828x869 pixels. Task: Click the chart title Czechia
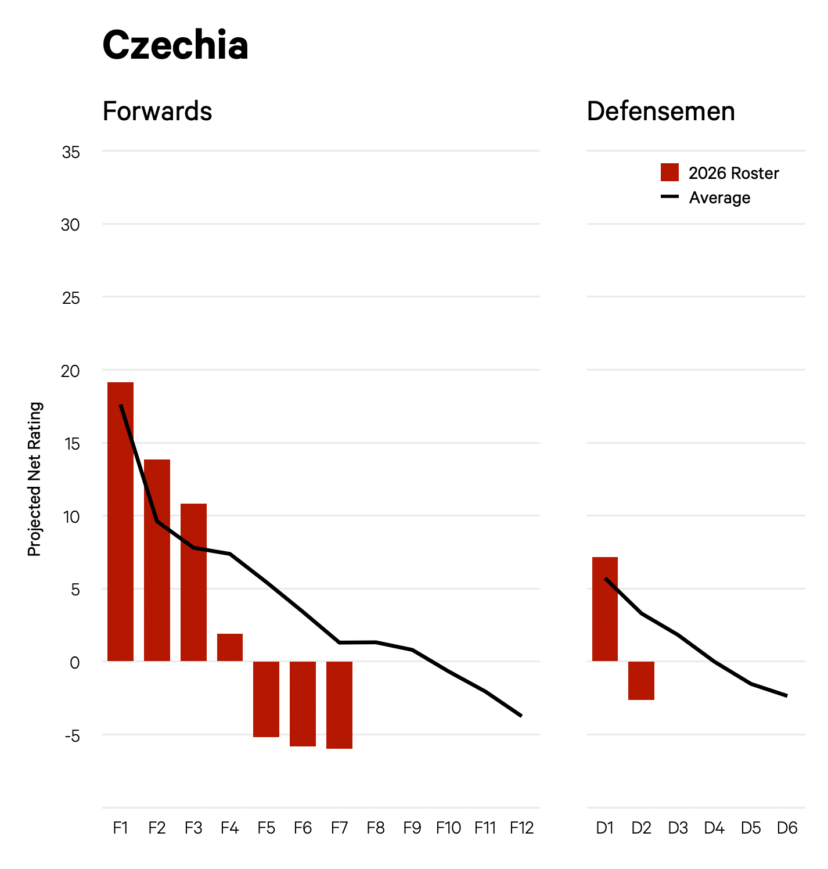click(175, 45)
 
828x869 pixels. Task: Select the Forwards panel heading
click(157, 111)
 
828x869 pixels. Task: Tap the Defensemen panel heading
click(661, 111)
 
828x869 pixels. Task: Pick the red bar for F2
click(157, 560)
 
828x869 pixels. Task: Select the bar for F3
click(193, 582)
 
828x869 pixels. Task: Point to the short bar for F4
click(230, 647)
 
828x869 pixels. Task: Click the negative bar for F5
click(267, 699)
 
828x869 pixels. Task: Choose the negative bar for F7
click(339, 705)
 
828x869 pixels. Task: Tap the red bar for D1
click(605, 609)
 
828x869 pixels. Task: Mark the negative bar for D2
click(641, 680)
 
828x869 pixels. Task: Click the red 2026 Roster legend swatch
click(669, 173)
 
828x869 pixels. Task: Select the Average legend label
click(719, 198)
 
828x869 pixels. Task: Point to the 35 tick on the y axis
click(70, 152)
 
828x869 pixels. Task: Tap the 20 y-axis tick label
click(70, 371)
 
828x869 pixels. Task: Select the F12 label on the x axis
click(521, 828)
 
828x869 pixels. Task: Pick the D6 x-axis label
click(787, 828)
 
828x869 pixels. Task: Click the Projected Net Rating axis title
click(35, 479)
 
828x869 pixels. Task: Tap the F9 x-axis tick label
click(412, 828)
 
